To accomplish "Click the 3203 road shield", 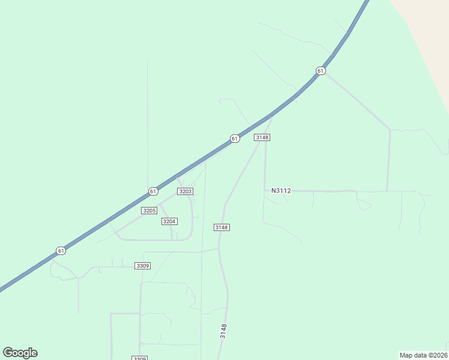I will [x=185, y=191].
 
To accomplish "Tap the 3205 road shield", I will [x=149, y=211].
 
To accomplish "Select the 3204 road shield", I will [x=169, y=221].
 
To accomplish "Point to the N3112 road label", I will [x=281, y=191].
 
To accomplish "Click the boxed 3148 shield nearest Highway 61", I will [x=262, y=137].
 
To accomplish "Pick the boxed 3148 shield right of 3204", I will [x=221, y=227].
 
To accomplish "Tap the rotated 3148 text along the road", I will [x=223, y=331].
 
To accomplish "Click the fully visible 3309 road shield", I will [x=142, y=266].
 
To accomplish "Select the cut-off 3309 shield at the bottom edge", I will [x=139, y=358].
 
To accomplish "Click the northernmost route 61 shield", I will [x=321, y=71].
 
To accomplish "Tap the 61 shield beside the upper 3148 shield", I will [x=235, y=139].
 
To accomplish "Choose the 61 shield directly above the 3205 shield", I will [x=153, y=191].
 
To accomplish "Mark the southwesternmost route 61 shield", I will [x=61, y=250].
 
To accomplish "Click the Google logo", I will [x=20, y=353].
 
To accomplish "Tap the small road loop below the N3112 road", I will [x=364, y=206].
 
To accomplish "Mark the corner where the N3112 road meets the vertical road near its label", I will [x=265, y=191].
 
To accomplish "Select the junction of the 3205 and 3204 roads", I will [x=160, y=204].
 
